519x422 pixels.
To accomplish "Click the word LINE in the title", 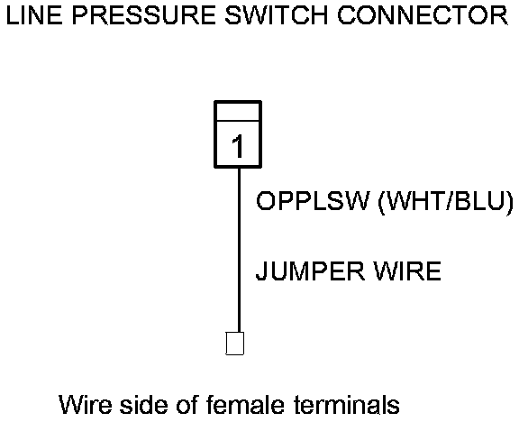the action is click(34, 15).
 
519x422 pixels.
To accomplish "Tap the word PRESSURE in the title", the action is click(143, 15).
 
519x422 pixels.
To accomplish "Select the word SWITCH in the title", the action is click(276, 15).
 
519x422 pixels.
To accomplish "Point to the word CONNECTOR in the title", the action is click(423, 15).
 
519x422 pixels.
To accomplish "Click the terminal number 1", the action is click(238, 146).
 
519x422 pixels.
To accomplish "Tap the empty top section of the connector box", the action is click(238, 111).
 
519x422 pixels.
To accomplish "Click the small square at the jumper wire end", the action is click(234, 344).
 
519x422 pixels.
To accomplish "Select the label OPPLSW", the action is click(313, 201).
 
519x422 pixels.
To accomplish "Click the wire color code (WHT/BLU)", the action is click(446, 202).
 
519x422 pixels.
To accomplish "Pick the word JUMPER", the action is click(310, 271).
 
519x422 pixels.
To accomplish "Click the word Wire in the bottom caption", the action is click(86, 405).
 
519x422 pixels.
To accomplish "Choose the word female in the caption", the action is click(245, 405).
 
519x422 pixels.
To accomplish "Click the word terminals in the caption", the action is click(347, 405).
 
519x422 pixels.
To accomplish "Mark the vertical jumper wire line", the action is click(239, 250).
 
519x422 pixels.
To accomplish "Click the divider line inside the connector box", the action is click(238, 121).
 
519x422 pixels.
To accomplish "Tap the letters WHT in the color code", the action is click(416, 201).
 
